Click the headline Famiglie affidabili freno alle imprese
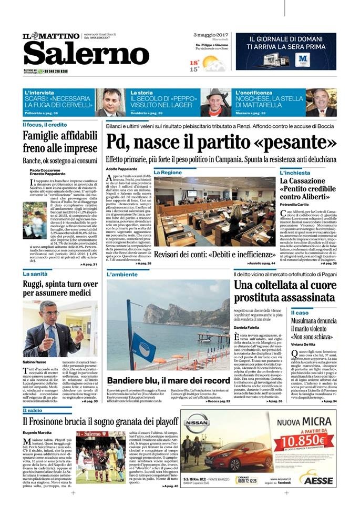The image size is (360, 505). point(60,142)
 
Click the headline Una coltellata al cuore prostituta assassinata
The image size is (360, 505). point(284,291)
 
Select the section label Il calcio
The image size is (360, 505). point(33,409)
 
